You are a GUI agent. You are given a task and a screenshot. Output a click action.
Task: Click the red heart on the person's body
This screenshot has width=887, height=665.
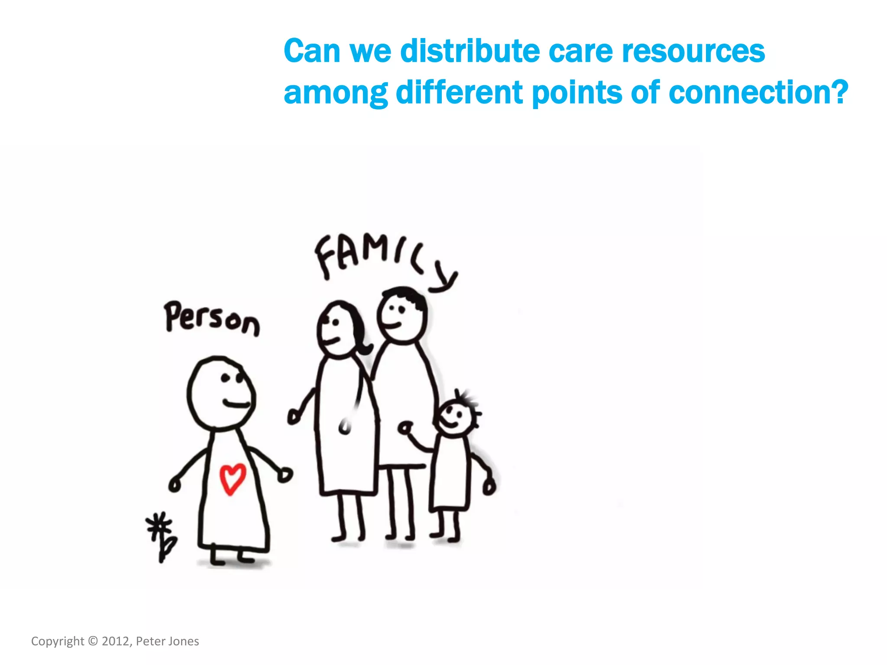coord(233,479)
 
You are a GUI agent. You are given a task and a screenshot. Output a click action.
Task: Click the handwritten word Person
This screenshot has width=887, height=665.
coord(212,319)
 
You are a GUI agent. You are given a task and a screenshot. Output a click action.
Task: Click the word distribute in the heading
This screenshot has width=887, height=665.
coord(469,51)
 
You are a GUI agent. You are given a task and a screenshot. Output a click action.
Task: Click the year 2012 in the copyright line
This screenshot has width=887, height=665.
coord(115,641)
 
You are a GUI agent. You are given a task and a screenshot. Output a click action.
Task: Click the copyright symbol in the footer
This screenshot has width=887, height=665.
coord(93,641)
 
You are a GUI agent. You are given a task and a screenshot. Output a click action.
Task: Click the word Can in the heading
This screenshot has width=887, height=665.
coord(312,51)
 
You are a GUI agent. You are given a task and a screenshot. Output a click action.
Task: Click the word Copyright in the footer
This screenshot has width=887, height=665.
coord(58,641)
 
